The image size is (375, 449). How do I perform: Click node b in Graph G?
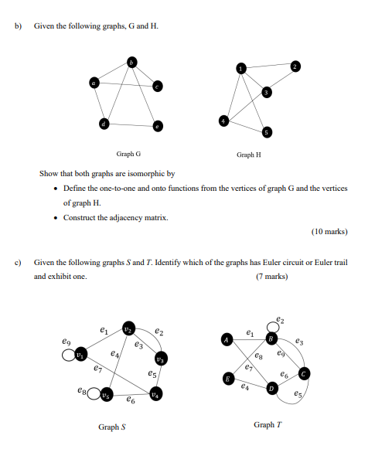132,62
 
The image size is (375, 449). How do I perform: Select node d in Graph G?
103,122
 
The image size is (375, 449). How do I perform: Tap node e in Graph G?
158,125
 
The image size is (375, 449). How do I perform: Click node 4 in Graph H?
225,121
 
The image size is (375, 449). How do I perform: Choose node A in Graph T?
227,339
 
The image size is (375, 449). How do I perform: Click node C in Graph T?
305,374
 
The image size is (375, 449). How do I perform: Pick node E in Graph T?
228,379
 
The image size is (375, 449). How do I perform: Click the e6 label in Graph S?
131,403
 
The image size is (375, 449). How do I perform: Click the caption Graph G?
128,155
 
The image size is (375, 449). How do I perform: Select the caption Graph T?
264,424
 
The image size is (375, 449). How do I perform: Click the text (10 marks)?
329,231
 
